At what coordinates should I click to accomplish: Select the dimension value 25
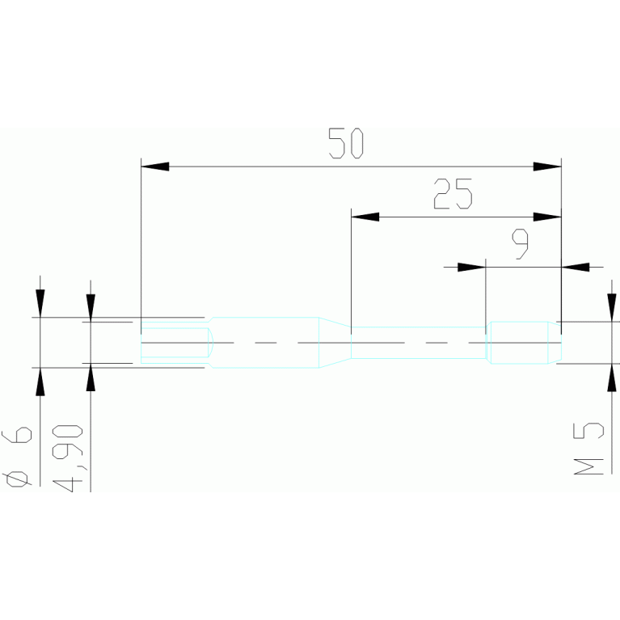(x=452, y=195)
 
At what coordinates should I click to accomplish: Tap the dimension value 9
(x=521, y=243)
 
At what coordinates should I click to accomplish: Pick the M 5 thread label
(x=593, y=449)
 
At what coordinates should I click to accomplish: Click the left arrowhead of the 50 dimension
(x=154, y=167)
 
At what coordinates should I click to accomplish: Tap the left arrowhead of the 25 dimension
(x=365, y=217)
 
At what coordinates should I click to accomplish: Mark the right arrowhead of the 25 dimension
(x=546, y=217)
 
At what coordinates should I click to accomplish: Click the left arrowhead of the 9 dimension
(x=470, y=266)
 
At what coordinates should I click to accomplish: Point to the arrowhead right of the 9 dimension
(x=575, y=266)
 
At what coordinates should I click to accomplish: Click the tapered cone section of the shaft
(x=335, y=343)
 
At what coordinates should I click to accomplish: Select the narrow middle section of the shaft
(x=418, y=343)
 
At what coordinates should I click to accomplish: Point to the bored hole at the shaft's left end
(x=175, y=343)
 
